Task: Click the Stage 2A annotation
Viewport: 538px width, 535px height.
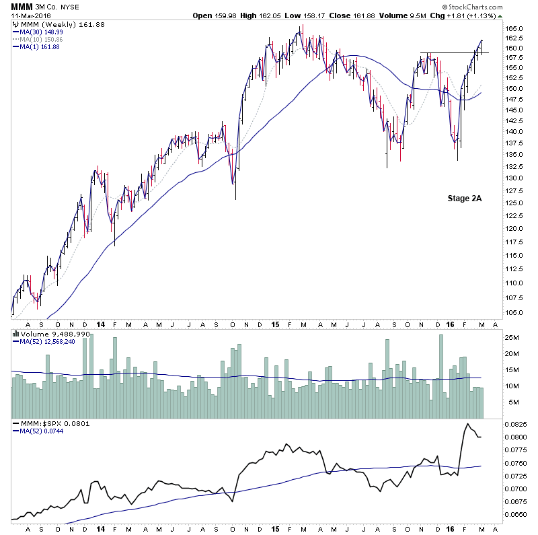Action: [465, 198]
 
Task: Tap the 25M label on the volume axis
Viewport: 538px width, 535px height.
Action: [511, 337]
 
